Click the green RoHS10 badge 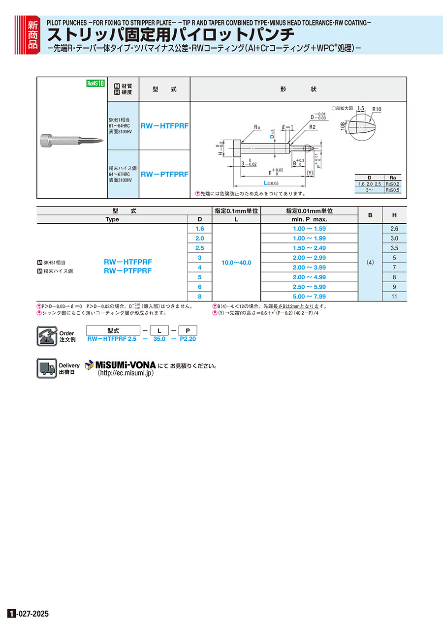(x=96, y=83)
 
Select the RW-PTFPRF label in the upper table (x=164, y=174)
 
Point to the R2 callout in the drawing (x=313, y=127)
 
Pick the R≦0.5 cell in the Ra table (x=393, y=189)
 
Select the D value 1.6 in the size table (x=199, y=229)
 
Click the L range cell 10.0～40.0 (x=236, y=263)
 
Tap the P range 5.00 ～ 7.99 (x=309, y=297)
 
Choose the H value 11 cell (x=395, y=297)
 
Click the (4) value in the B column (x=370, y=263)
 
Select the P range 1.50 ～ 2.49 (x=309, y=248)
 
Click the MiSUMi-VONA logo (x=121, y=365)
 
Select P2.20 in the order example (x=188, y=339)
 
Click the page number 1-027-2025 (x=29, y=614)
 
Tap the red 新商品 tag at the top (x=32, y=34)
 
